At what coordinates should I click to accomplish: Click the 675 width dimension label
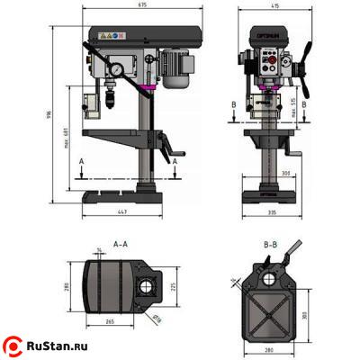coord(143,5)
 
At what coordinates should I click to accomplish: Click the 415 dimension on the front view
coord(273,5)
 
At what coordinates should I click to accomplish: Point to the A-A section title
coord(120,243)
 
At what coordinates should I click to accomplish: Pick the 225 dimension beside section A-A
coord(172,289)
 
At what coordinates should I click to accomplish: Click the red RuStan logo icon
coord(13,346)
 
